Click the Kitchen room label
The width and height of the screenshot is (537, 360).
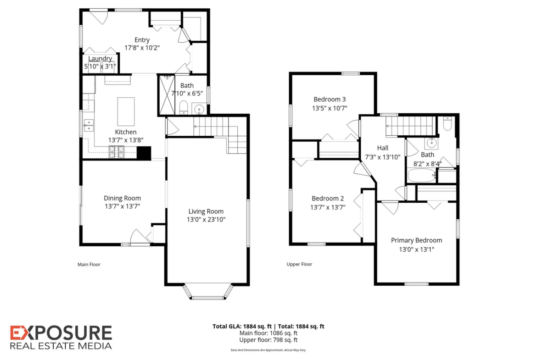(126, 132)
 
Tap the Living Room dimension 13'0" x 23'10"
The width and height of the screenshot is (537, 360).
(206, 220)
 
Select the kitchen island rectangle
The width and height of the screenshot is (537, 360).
(126, 111)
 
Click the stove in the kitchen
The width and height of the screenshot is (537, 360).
(117, 152)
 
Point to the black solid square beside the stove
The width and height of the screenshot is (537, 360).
(144, 153)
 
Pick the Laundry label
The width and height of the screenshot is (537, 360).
(100, 59)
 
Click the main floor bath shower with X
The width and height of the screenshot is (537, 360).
(167, 95)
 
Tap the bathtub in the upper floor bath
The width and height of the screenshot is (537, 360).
(422, 176)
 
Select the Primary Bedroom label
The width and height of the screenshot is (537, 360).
(416, 240)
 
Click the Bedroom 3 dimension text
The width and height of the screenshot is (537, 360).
(330, 108)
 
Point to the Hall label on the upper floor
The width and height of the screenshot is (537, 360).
(382, 148)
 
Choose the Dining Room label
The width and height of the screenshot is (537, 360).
(122, 198)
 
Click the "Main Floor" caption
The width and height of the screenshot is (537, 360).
(89, 264)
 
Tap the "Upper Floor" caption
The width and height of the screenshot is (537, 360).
(299, 264)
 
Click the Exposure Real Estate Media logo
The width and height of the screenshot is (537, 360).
(61, 338)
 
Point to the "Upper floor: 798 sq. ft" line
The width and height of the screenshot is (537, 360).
(268, 340)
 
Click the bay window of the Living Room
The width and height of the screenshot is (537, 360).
(208, 292)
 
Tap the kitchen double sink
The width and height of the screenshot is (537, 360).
(89, 125)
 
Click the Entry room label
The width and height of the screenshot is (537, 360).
(142, 40)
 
